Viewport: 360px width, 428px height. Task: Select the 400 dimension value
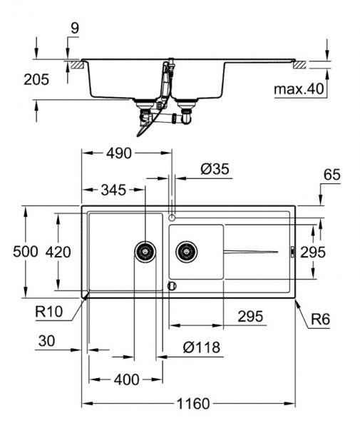(125, 379)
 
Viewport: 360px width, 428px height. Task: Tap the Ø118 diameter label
(200, 347)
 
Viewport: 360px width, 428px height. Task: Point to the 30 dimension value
(46, 342)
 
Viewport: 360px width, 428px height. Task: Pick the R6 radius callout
(320, 320)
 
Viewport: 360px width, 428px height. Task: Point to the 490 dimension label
(120, 153)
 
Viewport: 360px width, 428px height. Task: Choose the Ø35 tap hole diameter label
(215, 169)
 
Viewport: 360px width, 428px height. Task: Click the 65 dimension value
(332, 174)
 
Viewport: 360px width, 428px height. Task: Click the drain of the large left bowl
(145, 251)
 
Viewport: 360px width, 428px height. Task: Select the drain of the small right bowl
(186, 250)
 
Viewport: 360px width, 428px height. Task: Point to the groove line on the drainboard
(250, 251)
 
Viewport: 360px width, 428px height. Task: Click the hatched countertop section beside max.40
(302, 65)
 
